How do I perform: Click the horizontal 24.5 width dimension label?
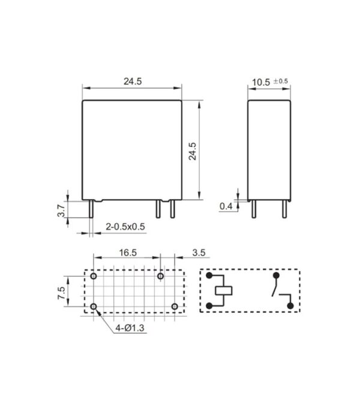pyautogui.click(x=133, y=81)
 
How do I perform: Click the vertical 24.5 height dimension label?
pyautogui.click(x=192, y=151)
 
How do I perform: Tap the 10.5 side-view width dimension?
pyautogui.click(x=261, y=82)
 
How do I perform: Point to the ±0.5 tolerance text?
pyautogui.click(x=280, y=81)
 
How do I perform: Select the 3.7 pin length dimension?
pyautogui.click(x=61, y=210)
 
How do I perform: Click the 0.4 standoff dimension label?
pyautogui.click(x=226, y=206)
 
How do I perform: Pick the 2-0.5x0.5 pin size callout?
pyautogui.click(x=125, y=227)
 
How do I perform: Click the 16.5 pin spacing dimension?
pyautogui.click(x=128, y=252)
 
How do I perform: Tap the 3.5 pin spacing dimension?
pyautogui.click(x=199, y=252)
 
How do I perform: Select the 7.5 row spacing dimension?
pyautogui.click(x=61, y=293)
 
